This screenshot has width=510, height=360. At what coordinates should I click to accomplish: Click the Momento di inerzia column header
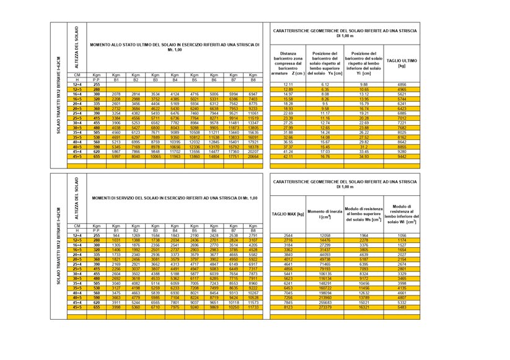[326, 214]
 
